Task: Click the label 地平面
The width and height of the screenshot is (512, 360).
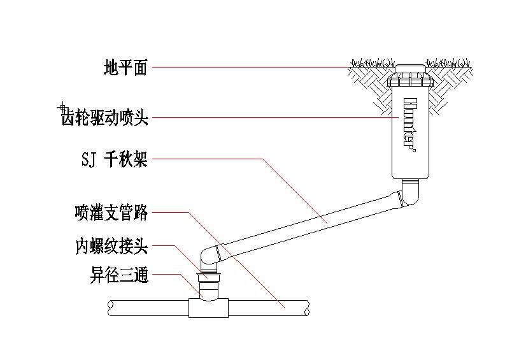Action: coord(125,68)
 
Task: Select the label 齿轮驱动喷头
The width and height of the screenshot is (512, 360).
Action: coord(104,117)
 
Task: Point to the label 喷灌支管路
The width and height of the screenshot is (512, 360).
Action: coord(111,213)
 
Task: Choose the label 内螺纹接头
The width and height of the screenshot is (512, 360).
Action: coord(111,247)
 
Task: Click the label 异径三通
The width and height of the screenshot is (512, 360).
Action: coord(119,276)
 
